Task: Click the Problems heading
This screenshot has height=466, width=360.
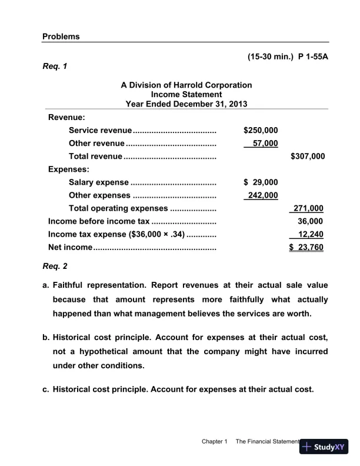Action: [61, 36]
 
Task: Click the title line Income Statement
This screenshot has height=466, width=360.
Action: [186, 94]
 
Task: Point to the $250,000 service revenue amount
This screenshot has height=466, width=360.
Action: [261, 130]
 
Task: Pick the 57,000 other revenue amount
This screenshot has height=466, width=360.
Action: [264, 143]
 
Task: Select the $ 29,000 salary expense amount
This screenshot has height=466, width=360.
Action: [261, 182]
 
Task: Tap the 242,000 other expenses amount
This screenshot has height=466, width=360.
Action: [262, 195]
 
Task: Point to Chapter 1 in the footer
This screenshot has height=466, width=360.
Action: [214, 441]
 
